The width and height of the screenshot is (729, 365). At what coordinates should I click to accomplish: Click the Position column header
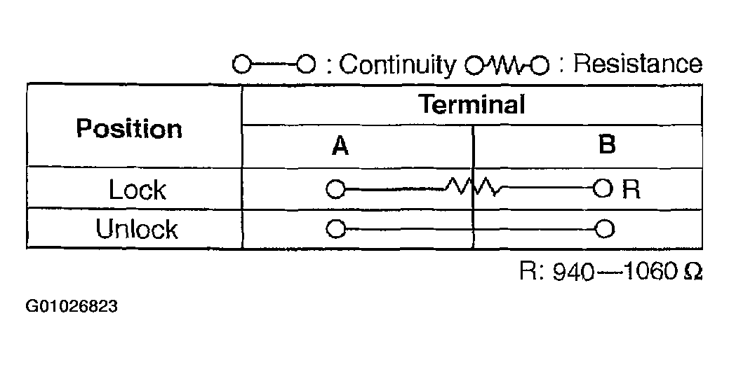[x=129, y=129]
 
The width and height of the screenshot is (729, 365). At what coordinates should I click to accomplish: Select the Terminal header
[x=471, y=104]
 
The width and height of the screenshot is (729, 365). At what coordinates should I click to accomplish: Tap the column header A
[x=340, y=146]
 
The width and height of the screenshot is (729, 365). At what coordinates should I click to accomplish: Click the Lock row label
[x=138, y=190]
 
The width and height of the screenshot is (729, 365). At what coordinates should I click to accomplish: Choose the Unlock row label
[x=137, y=229]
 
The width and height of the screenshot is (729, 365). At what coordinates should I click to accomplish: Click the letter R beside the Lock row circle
[x=631, y=190]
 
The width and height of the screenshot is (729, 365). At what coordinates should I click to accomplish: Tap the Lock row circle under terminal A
[x=335, y=189]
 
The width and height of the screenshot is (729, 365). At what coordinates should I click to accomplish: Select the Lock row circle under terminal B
[x=603, y=188]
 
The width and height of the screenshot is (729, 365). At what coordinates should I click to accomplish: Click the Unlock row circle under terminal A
[x=335, y=228]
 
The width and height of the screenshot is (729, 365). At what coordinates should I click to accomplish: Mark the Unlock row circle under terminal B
[x=604, y=228]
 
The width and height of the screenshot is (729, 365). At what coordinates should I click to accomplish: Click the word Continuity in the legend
[x=397, y=65]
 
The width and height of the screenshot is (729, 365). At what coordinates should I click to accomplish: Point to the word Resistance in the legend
[x=638, y=64]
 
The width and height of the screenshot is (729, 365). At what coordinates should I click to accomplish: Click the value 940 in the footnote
[x=573, y=271]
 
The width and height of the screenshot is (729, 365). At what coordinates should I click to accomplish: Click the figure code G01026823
[x=72, y=307]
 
